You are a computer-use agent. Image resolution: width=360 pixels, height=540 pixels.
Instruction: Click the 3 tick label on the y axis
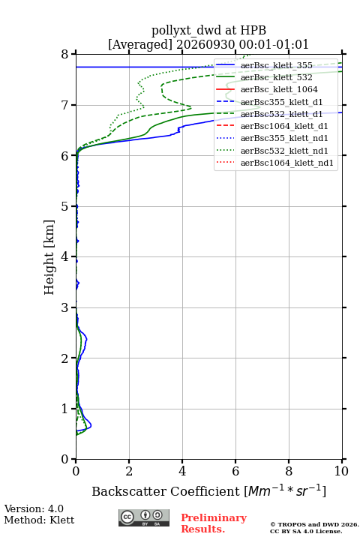click(65, 307)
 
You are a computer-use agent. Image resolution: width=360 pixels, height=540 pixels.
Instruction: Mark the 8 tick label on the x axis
click(289, 471)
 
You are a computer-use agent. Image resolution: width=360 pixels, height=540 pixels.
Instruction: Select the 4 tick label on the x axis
click(182, 471)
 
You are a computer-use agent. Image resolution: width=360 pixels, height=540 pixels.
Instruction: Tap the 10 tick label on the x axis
click(341, 471)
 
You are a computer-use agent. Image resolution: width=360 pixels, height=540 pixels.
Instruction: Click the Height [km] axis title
click(49, 257)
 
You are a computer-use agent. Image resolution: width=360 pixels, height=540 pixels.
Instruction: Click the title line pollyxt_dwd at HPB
click(208, 31)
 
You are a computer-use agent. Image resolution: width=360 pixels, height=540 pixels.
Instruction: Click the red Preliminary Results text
click(214, 523)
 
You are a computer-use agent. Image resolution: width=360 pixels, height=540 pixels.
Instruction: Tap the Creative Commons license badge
click(144, 518)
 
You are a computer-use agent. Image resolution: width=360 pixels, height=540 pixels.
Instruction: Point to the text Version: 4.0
click(34, 508)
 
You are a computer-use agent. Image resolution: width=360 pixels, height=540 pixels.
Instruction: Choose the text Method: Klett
click(39, 520)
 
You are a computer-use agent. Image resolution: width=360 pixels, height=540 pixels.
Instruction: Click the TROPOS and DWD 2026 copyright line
click(314, 524)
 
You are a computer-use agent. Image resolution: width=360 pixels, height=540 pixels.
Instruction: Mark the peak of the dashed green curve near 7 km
click(191, 108)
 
